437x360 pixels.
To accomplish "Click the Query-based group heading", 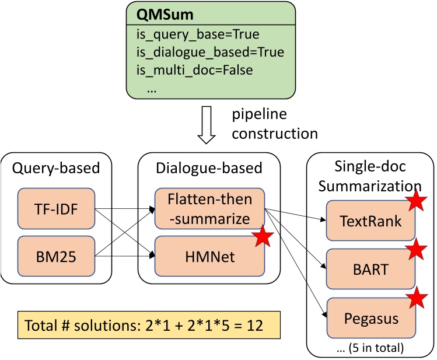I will click(x=56, y=168).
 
